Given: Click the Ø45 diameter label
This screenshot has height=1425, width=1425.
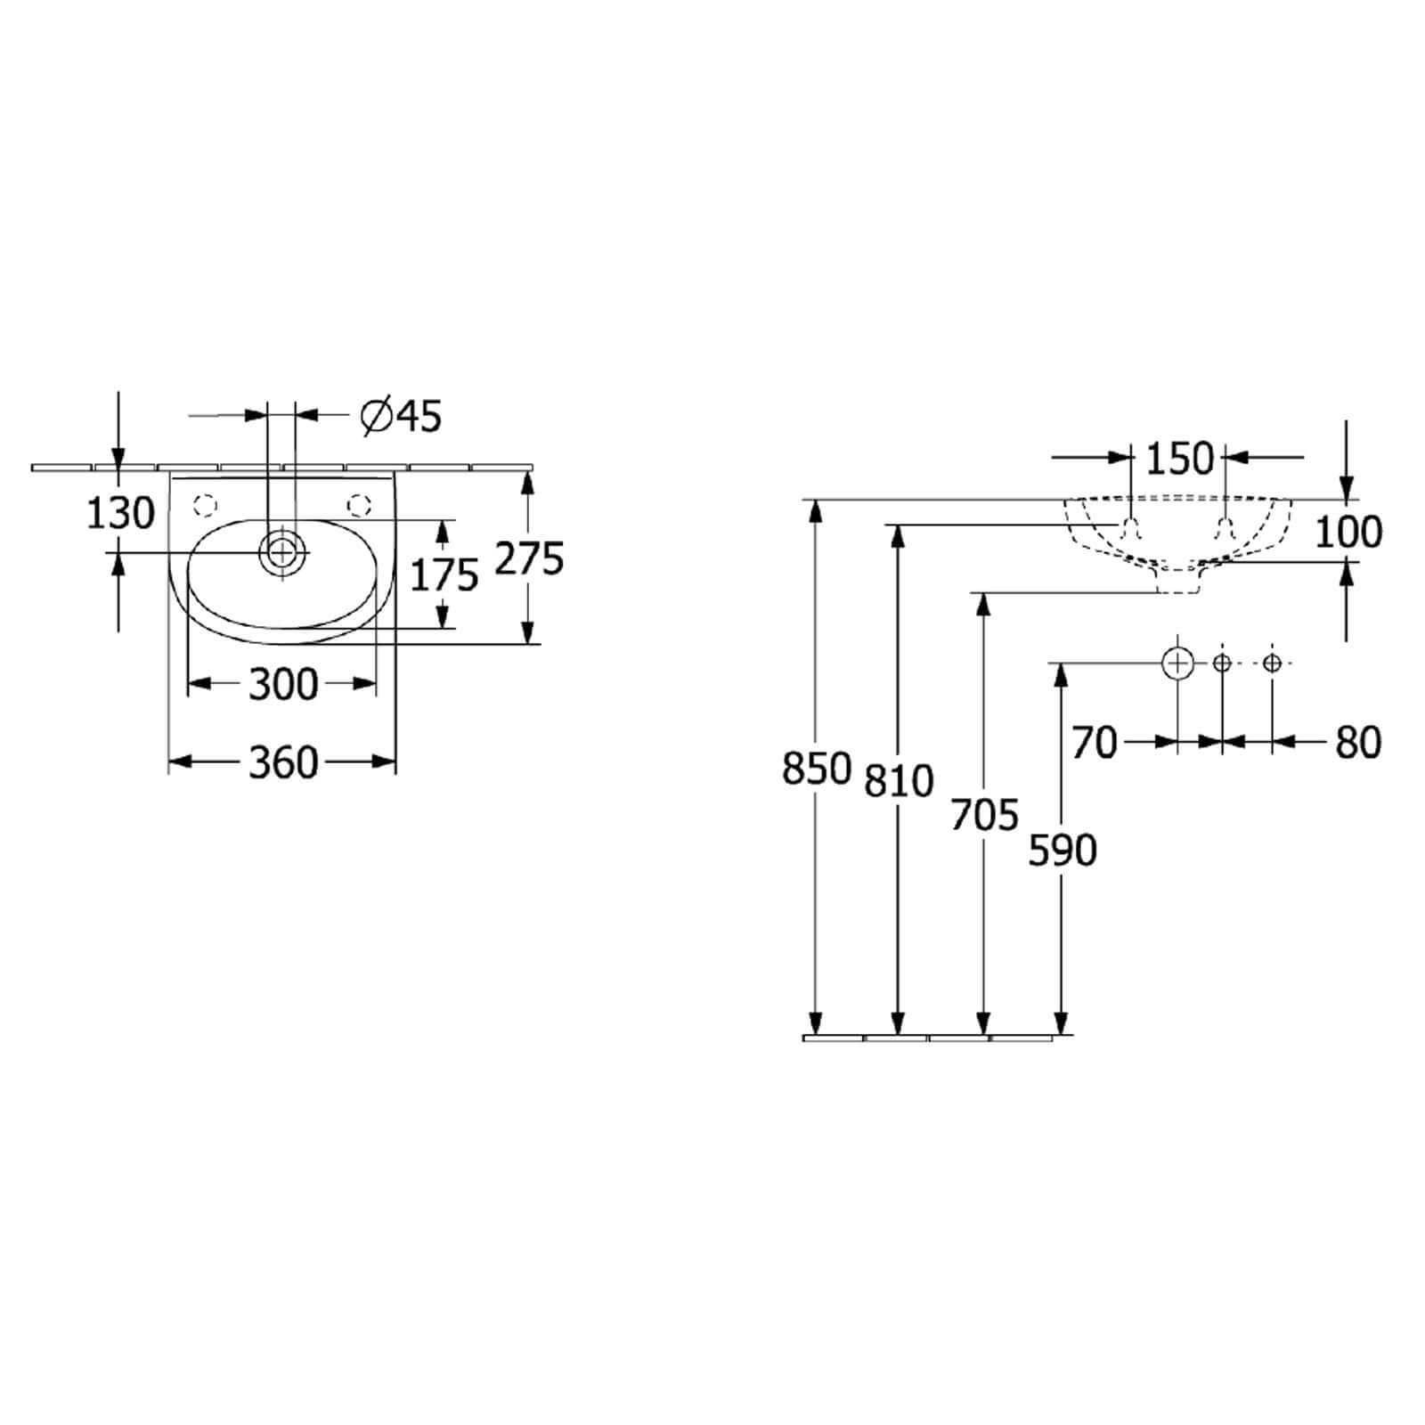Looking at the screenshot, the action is click(x=401, y=416).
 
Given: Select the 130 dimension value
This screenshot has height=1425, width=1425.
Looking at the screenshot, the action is click(x=120, y=514).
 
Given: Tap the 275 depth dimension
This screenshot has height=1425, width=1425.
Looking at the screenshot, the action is click(x=530, y=558).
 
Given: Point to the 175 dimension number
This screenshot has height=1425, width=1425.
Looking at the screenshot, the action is click(x=444, y=576).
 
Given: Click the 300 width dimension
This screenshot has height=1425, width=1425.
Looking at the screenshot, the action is click(x=283, y=684).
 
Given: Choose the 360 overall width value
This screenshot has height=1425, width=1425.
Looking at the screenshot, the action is click(x=283, y=762).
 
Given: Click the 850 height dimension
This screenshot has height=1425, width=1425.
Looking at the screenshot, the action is click(x=817, y=769).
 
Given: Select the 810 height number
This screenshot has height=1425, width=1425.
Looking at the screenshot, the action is click(x=899, y=780).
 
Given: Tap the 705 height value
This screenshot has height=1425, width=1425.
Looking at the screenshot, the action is click(x=984, y=814).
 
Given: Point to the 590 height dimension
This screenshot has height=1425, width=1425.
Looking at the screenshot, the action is click(x=1063, y=851).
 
